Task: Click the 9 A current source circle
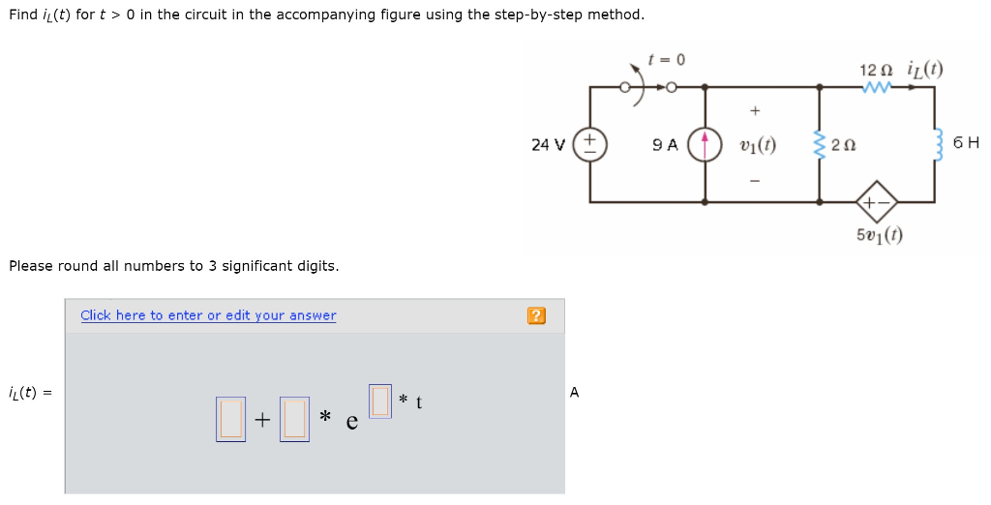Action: [705, 144]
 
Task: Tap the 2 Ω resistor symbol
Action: [821, 145]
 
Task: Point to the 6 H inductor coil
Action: [935, 144]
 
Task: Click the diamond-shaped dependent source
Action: [877, 202]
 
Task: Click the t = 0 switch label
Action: [667, 60]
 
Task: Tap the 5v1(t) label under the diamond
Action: [878, 235]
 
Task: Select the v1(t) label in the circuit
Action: [756, 145]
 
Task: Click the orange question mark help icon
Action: [536, 315]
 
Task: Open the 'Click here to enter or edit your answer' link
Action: [208, 315]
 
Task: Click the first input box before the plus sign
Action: [230, 419]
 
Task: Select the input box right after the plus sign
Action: [294, 419]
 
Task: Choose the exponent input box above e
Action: [380, 399]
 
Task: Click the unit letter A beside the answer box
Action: [575, 392]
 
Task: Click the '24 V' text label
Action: [548, 145]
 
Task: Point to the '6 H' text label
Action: [966, 143]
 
